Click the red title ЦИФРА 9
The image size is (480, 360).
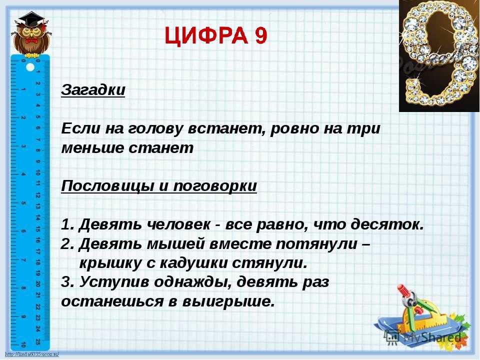[x=216, y=36]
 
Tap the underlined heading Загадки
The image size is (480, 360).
[x=93, y=90]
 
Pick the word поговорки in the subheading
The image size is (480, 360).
[x=215, y=186]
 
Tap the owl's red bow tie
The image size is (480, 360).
[x=31, y=41]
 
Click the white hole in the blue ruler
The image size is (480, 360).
[x=30, y=66]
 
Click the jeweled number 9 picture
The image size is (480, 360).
[x=439, y=55]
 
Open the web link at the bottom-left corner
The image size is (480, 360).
[x=32, y=354]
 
